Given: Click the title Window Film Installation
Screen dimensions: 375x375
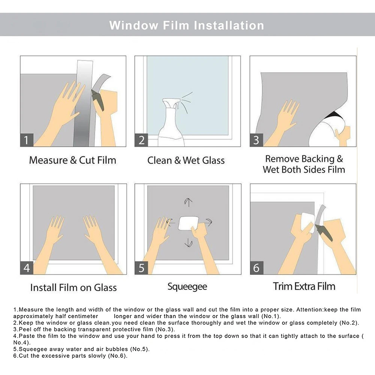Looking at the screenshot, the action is [187, 25].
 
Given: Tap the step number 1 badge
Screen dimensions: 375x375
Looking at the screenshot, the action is [27, 140].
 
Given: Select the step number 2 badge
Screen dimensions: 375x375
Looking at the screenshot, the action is [141, 140].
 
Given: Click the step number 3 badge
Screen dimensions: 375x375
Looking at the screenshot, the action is [256, 140].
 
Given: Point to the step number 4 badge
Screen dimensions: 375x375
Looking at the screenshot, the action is [27, 268].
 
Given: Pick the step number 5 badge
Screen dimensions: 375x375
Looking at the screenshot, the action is [141, 268].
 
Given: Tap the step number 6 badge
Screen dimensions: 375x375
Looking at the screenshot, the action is [257, 268].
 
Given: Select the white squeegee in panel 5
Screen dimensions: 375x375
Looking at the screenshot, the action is [188, 223].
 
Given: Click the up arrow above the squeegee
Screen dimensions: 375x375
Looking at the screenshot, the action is [188, 202].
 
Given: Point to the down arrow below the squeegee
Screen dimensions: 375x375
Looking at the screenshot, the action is [188, 242].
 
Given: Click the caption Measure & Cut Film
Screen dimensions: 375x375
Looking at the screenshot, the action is [73, 160].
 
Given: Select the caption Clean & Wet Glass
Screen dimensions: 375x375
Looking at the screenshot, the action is [186, 160].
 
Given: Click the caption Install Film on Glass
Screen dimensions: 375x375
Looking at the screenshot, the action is [73, 287].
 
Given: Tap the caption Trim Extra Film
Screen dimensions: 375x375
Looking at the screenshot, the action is [304, 286].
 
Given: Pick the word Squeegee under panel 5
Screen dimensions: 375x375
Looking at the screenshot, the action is [187, 287].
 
